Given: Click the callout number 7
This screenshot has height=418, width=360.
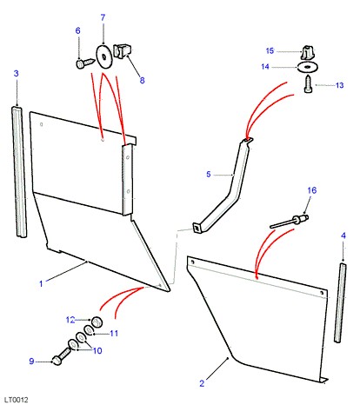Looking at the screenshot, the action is (103, 17).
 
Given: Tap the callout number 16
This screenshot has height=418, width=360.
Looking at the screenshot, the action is (312, 190).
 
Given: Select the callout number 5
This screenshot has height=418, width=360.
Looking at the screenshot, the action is (209, 175).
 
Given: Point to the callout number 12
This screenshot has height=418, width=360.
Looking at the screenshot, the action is (70, 320).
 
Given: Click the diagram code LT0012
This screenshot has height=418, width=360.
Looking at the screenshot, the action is (17, 400).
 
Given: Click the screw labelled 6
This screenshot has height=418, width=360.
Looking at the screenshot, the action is (85, 63).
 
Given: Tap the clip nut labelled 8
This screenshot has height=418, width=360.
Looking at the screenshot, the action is (122, 50).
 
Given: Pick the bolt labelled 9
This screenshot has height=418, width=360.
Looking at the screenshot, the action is (61, 357).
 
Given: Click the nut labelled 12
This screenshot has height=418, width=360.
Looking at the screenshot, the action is (97, 322).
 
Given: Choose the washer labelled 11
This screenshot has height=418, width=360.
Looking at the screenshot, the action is (89, 330).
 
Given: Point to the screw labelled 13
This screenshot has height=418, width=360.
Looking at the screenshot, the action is (309, 84).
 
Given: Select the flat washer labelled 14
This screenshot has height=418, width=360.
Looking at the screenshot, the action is (307, 67).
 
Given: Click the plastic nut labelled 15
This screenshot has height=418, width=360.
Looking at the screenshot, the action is (308, 52).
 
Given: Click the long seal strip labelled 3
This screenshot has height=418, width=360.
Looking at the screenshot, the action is (19, 172).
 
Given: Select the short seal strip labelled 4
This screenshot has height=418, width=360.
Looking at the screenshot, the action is (340, 302).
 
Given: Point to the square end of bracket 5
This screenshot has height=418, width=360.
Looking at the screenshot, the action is (197, 228).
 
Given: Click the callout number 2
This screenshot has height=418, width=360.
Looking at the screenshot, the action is (202, 383).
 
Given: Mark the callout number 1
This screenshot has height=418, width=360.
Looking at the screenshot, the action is (41, 283).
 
